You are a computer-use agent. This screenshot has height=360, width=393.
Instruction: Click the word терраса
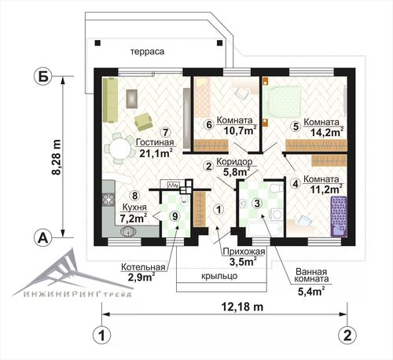tap(148, 52)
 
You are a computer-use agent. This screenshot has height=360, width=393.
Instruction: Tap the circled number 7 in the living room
tap(165, 132)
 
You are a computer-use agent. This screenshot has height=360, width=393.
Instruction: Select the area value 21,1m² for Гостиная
tap(156, 153)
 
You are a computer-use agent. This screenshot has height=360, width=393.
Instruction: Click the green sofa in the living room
tap(110, 100)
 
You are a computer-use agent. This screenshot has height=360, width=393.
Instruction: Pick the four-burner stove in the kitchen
tap(108, 200)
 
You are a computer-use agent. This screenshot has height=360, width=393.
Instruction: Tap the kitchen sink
tap(128, 232)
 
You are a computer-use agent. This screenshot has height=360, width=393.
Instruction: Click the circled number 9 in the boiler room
tap(175, 216)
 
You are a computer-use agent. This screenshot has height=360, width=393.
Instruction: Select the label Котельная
tap(143, 267)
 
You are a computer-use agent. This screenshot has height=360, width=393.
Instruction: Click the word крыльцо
tap(219, 276)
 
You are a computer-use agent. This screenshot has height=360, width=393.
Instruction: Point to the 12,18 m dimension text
tap(242, 307)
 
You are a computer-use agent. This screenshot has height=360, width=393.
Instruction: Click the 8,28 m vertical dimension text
tap(57, 156)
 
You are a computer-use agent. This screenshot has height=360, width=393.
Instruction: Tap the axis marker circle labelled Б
tap(43, 76)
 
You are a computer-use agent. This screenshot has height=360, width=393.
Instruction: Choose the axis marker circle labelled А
tap(43, 238)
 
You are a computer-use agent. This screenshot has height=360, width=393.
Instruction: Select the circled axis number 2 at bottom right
tap(347, 335)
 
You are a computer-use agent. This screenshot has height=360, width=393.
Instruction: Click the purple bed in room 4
tap(339, 216)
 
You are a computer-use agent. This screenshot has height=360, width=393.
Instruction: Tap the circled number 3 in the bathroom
tap(257, 203)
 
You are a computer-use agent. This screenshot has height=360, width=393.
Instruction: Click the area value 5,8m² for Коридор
tap(236, 172)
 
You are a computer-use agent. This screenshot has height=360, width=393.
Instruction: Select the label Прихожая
tap(244, 252)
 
